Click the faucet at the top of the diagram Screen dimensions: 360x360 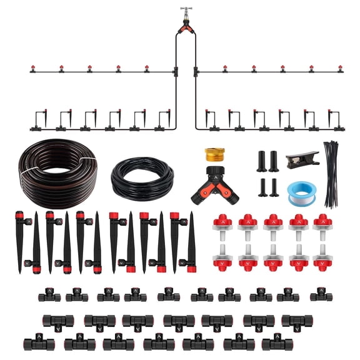[x=186, y=11]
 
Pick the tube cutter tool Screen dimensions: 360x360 [x=301, y=158]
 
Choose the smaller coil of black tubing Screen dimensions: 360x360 [x=142, y=177]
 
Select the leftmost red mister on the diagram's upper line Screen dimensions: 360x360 [x=33, y=69]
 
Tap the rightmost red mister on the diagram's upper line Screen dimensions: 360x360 [x=340, y=69]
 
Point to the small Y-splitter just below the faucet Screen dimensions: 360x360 [x=186, y=26]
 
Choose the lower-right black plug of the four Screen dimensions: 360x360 [x=274, y=188]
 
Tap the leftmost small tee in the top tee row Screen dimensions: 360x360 [x=49, y=295]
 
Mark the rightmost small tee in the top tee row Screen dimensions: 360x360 [x=321, y=294]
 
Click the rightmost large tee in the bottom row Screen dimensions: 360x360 [x=277, y=342]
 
